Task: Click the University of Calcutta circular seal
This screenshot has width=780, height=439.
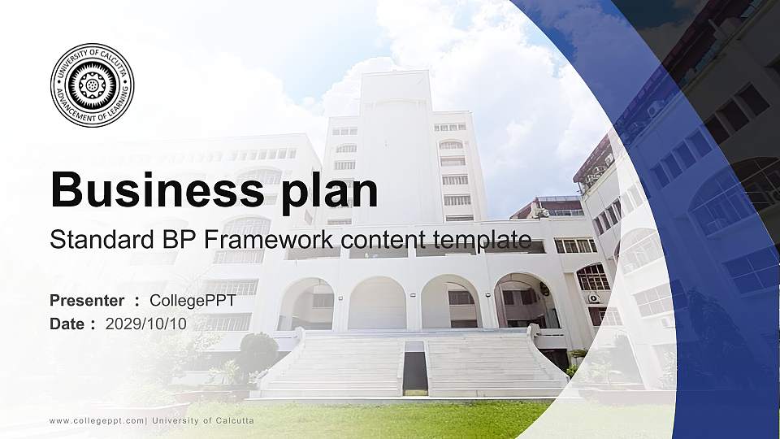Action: [92, 85]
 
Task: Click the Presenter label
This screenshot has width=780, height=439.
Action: [87, 301]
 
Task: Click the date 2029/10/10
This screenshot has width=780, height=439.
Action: [146, 324]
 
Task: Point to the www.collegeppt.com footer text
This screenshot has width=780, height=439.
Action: [97, 420]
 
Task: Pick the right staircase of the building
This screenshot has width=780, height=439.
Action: [492, 366]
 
